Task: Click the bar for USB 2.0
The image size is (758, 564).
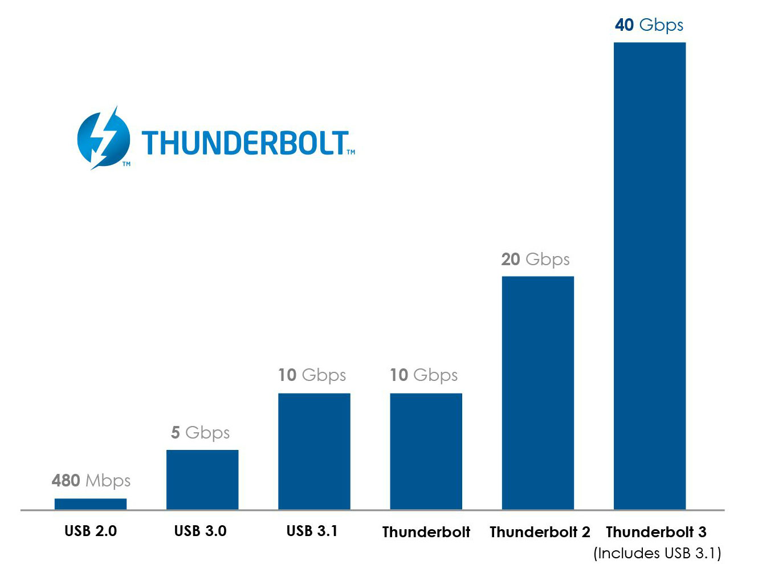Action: (x=91, y=504)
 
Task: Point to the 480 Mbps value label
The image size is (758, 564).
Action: (x=91, y=481)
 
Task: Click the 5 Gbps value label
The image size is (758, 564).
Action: (x=201, y=433)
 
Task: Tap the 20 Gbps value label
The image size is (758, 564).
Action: (x=535, y=259)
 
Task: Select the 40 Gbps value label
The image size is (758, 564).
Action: (x=649, y=25)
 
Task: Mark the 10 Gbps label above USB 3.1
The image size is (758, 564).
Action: (x=312, y=375)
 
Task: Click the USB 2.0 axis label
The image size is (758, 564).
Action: (x=91, y=531)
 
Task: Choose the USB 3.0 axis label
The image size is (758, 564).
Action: (x=200, y=531)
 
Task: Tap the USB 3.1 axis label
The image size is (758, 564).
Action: (x=312, y=531)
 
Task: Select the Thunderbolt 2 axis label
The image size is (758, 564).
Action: (x=540, y=532)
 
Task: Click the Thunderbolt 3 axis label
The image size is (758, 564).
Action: (x=656, y=532)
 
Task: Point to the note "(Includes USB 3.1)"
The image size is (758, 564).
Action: (x=657, y=553)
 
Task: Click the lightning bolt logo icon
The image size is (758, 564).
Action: (x=103, y=139)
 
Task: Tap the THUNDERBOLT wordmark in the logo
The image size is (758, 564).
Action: (x=245, y=143)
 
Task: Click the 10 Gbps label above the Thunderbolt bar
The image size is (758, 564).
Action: (x=423, y=375)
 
